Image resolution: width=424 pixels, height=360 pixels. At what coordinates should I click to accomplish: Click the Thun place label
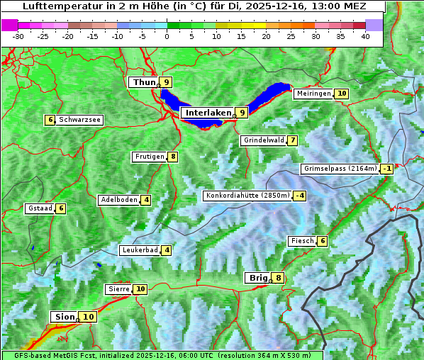pyautogui.click(x=143, y=82)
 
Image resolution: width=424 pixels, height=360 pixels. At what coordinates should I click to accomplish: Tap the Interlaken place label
pyautogui.click(x=208, y=113)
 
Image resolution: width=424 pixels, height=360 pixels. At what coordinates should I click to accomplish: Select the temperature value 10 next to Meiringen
pyautogui.click(x=342, y=94)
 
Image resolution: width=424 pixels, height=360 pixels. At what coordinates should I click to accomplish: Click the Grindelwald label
pyautogui.click(x=264, y=140)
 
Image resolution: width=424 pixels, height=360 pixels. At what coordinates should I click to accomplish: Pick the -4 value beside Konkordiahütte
pyautogui.click(x=301, y=196)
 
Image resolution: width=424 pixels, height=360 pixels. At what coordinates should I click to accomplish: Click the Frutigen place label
pyautogui.click(x=150, y=157)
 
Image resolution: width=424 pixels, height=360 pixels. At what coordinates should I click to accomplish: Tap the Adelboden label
pyautogui.click(x=118, y=200)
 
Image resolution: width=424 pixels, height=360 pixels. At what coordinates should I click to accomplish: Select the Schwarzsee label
pyautogui.click(x=79, y=120)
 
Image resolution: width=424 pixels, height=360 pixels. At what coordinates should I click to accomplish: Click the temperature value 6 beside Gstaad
pyautogui.click(x=61, y=208)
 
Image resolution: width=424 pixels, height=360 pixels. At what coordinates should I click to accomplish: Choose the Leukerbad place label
pyautogui.click(x=139, y=250)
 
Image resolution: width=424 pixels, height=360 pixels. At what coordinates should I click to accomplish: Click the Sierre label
pyautogui.click(x=118, y=289)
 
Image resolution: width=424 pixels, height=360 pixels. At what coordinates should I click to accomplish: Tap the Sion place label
pyautogui.click(x=62, y=317)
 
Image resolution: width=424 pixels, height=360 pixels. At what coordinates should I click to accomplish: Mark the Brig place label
pyautogui.click(x=257, y=278)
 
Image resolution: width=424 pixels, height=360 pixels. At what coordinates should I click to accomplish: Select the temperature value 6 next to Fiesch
pyautogui.click(x=322, y=241)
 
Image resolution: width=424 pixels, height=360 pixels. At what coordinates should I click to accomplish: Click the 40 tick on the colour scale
pyautogui.click(x=365, y=36)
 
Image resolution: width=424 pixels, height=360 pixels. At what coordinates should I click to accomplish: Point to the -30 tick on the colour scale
pyautogui.click(x=18, y=36)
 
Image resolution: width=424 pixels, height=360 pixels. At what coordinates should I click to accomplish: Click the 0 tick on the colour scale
pyautogui.click(x=167, y=36)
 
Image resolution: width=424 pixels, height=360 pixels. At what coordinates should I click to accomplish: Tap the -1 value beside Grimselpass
pyautogui.click(x=386, y=169)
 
